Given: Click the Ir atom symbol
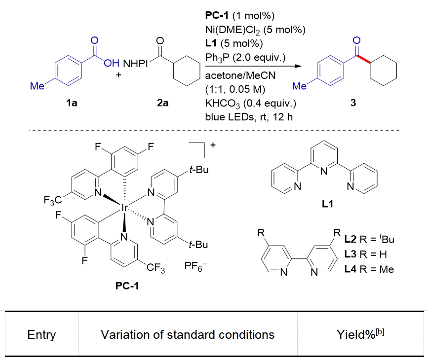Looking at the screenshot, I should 124,209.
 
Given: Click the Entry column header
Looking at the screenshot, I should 41,335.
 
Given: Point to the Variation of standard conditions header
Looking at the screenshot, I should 188,335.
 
